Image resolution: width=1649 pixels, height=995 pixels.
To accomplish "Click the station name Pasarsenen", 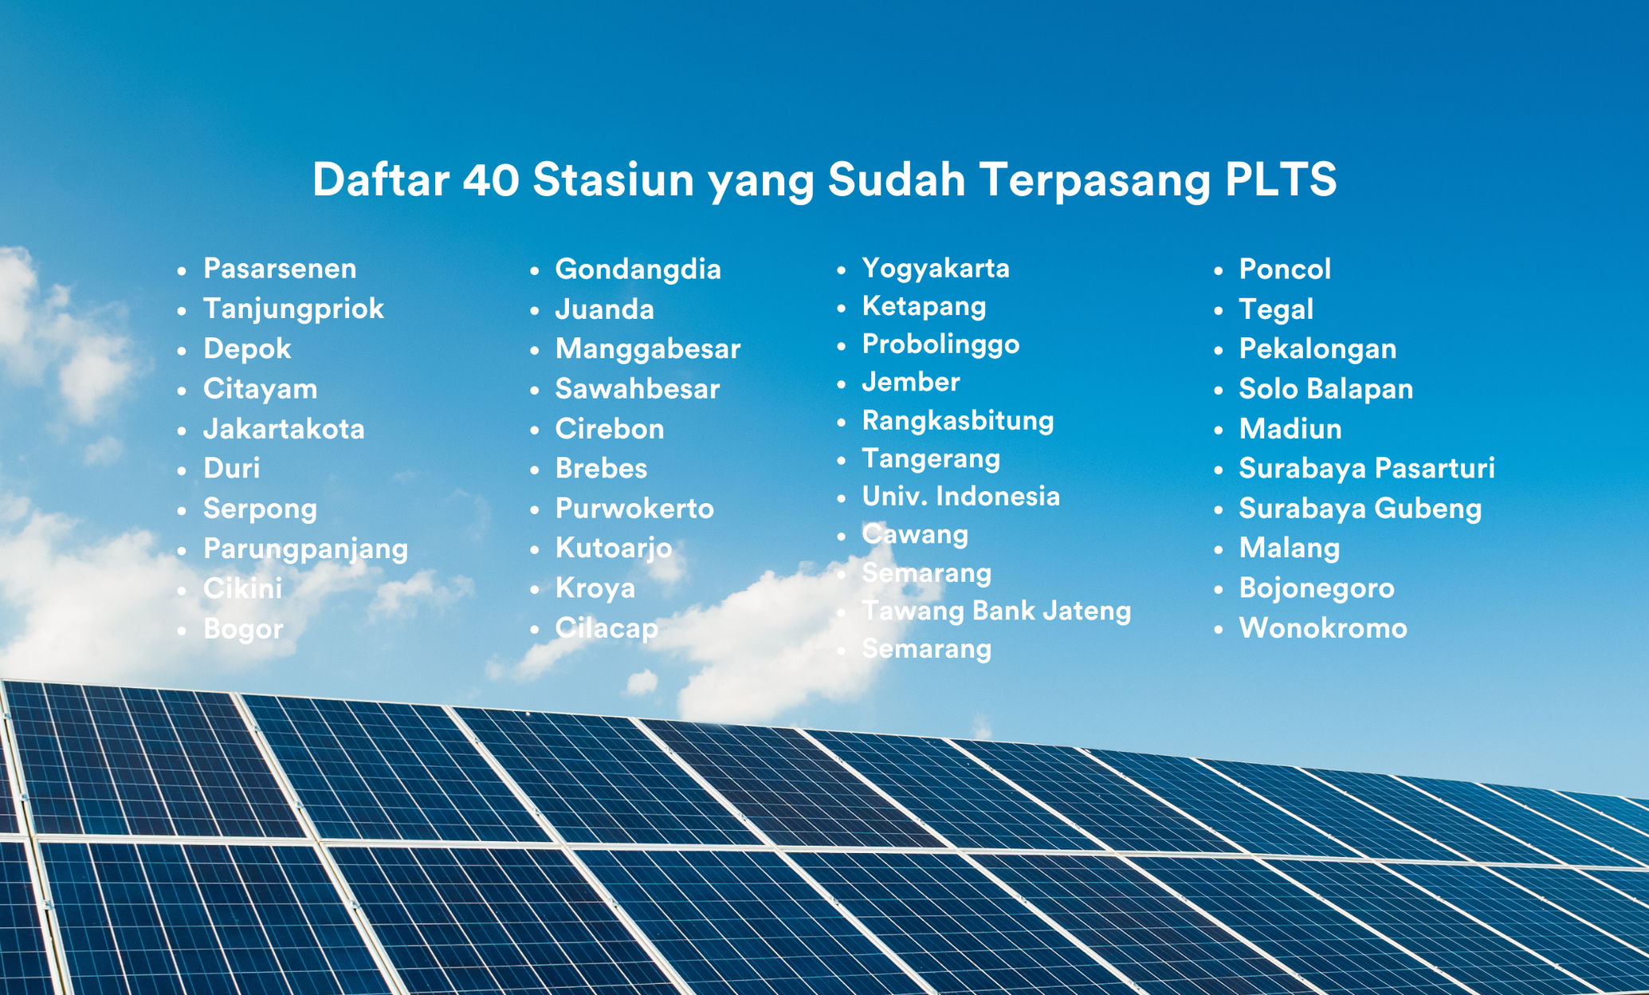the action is pyautogui.click(x=280, y=269).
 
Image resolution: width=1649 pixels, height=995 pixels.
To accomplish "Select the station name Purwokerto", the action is pyautogui.click(x=634, y=509).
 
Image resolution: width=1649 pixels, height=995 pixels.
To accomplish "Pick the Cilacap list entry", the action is pyautogui.click(x=607, y=629).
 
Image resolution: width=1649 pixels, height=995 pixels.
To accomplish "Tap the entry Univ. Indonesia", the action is pyautogui.click(x=961, y=496).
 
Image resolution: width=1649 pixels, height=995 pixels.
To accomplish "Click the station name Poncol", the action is pyautogui.click(x=1285, y=269).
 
